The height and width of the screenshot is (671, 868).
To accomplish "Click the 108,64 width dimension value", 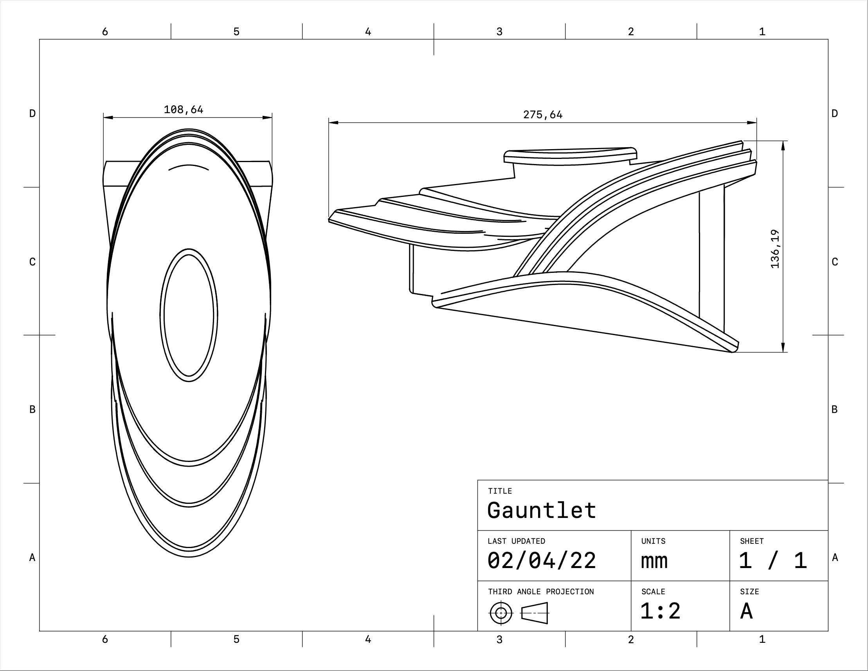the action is point(184,110).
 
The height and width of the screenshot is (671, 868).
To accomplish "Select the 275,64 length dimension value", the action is point(543,115).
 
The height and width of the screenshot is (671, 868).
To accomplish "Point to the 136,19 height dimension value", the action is point(775,249).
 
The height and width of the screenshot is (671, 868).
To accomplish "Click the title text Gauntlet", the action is point(542,510).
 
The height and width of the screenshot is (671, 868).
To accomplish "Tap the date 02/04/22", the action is point(542,561).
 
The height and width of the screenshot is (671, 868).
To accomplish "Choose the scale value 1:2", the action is point(661,611).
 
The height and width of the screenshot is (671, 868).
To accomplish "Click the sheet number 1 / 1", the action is point(773,561).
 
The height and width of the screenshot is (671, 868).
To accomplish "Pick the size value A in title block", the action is point(746,611).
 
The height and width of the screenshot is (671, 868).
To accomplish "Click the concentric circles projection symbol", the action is point(501,613).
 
